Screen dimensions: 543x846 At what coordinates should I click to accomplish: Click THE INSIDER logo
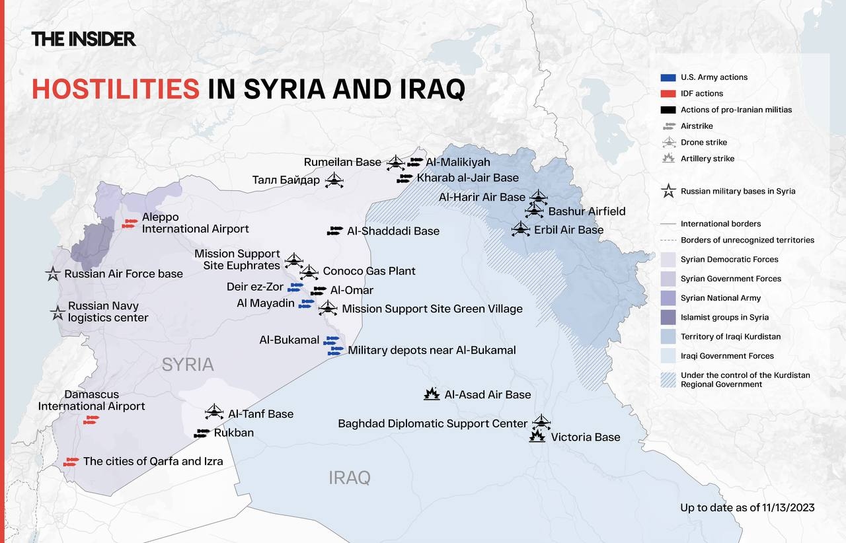tap(83, 39)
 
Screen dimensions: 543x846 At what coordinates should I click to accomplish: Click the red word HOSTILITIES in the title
tap(116, 89)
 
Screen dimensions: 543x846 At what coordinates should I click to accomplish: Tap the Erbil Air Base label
tap(568, 230)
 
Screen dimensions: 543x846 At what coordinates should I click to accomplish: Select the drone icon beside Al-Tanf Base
tap(214, 412)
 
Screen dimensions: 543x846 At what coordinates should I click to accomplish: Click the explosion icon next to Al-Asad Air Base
tap(432, 394)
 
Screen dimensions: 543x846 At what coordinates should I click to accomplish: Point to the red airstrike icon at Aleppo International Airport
tap(130, 224)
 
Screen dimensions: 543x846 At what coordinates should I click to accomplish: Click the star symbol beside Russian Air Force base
tap(53, 273)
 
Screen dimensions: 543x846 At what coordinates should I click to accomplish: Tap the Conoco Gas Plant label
tap(369, 271)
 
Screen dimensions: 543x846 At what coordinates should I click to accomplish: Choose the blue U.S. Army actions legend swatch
tap(668, 77)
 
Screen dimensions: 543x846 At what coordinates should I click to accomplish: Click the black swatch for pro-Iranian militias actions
tap(668, 110)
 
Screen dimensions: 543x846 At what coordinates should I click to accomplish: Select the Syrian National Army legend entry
tap(720, 298)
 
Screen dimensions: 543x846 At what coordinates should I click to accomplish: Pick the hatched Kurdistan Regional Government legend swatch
tap(668, 379)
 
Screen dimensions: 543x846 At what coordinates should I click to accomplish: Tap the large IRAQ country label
tap(350, 478)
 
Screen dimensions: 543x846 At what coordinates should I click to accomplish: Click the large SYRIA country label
tap(188, 364)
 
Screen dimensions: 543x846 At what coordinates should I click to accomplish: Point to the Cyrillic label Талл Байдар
tap(286, 180)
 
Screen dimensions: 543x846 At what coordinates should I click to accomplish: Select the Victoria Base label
tap(585, 437)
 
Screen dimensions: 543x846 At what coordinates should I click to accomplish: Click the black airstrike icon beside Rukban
tap(202, 433)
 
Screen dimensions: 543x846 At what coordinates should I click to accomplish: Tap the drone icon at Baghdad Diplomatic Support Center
tap(541, 421)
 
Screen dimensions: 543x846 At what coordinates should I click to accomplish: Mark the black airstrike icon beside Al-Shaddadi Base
tap(335, 231)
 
